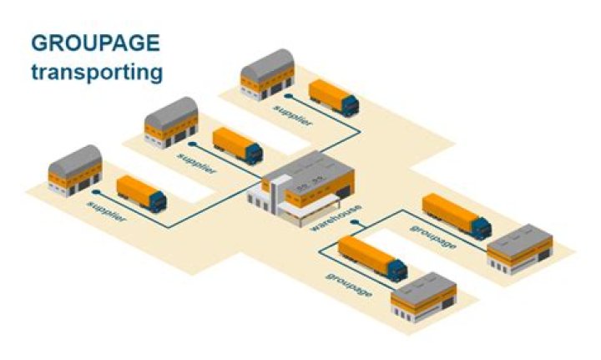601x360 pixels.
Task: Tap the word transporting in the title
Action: (97, 72)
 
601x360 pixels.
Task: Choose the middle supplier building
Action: (172, 123)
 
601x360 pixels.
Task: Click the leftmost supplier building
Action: (75, 170)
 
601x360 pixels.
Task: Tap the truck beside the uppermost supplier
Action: (334, 98)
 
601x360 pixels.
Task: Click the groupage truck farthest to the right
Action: (456, 215)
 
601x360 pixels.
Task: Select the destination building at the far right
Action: (519, 248)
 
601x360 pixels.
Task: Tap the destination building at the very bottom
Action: (423, 297)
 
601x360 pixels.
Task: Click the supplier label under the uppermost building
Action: (292, 115)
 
